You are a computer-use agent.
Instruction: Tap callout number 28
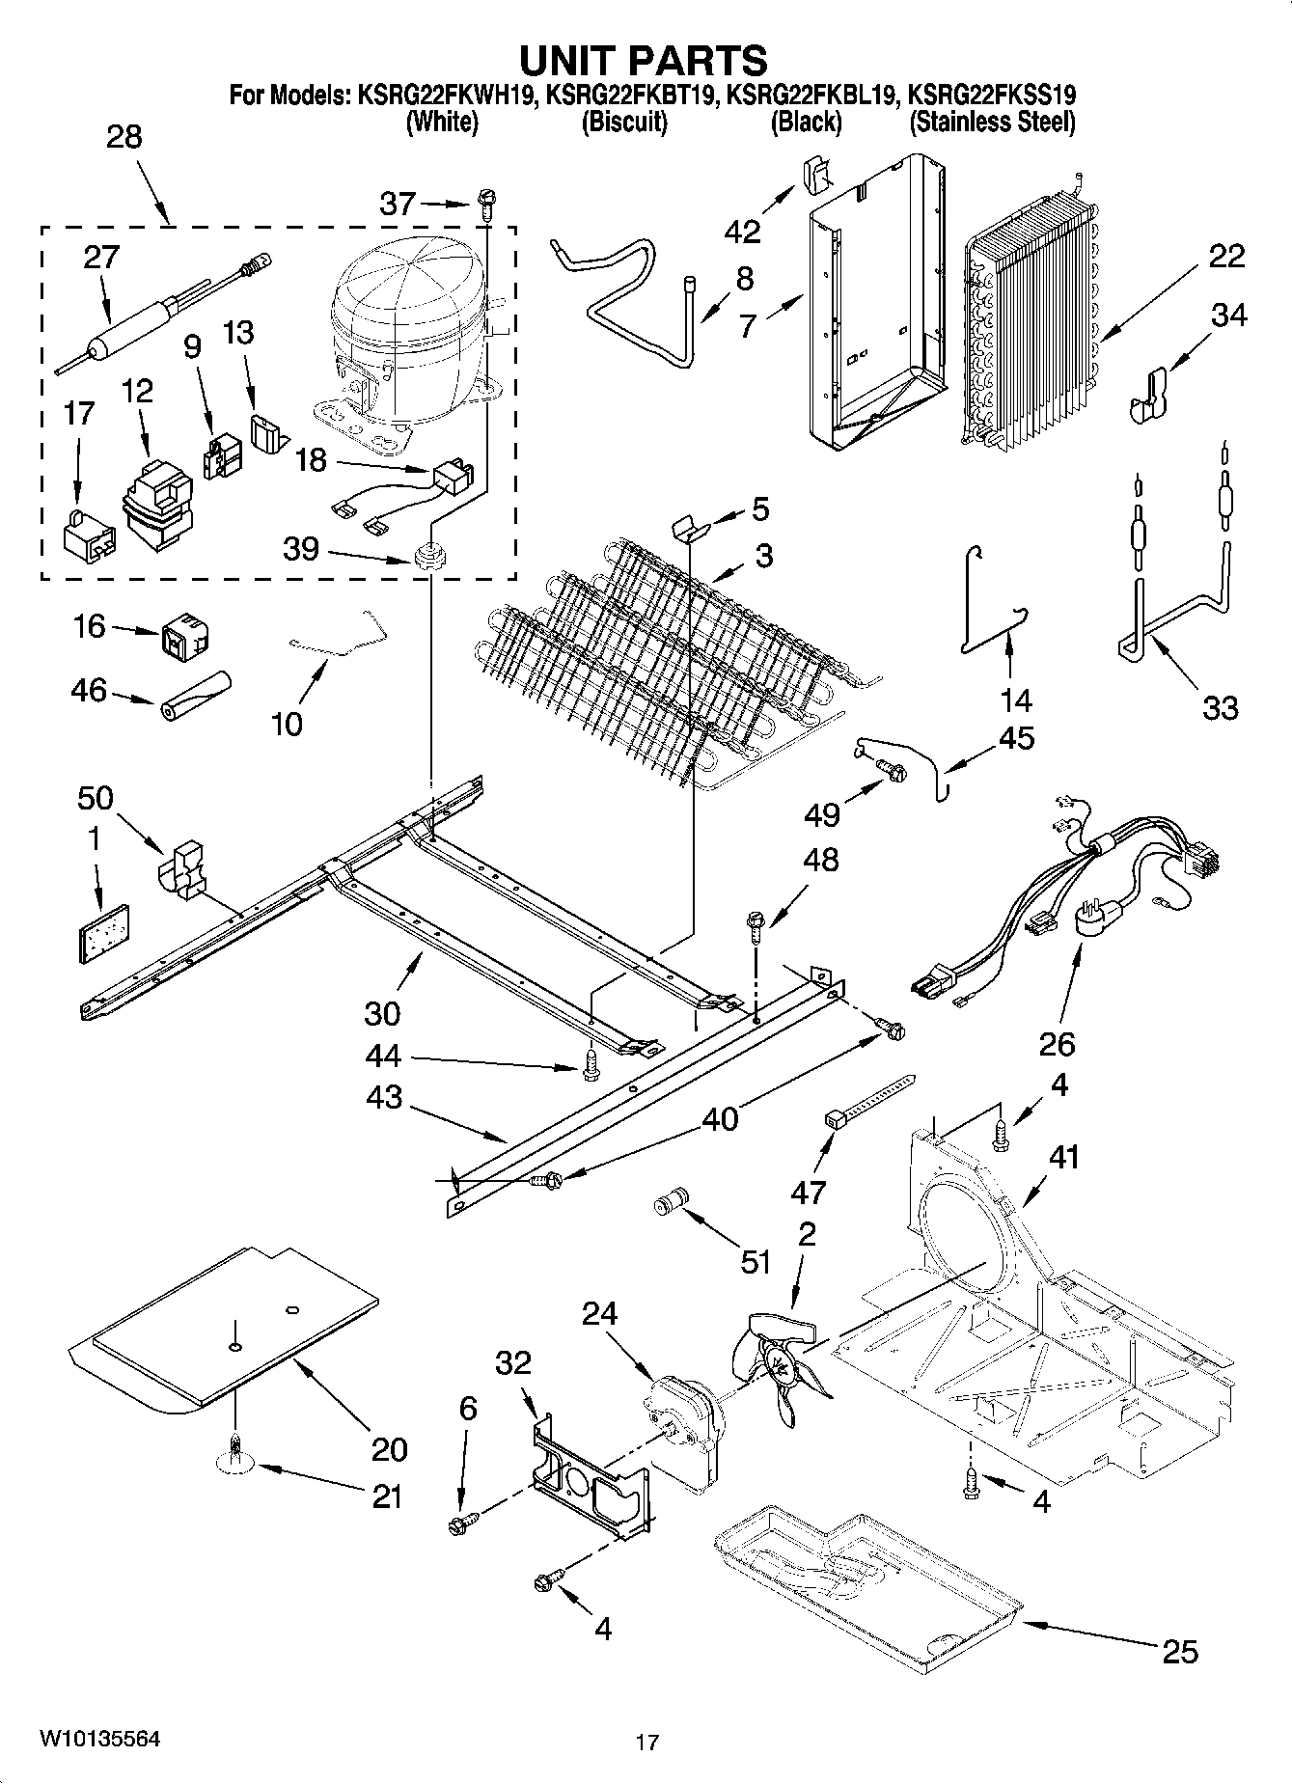124,137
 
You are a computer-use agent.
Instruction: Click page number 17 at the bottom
646,1743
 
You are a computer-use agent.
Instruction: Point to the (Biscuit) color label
623,123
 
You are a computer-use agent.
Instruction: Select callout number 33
1220,708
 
